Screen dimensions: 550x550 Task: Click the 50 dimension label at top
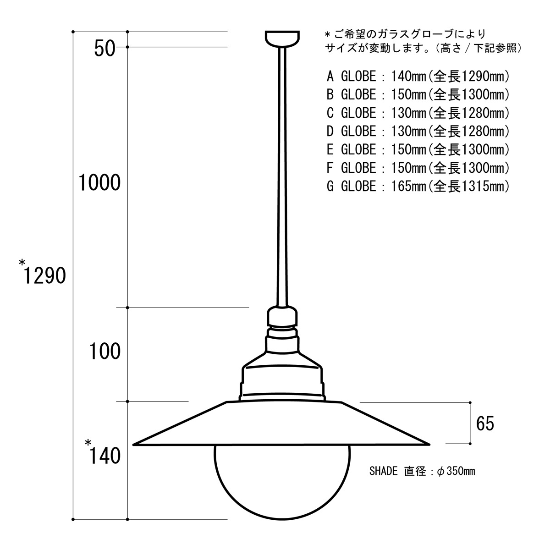point(104,48)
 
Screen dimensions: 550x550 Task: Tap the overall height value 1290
point(45,276)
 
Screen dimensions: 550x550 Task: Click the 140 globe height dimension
point(105,456)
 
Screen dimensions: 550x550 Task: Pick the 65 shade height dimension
point(485,424)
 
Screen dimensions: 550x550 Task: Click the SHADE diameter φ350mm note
point(422,471)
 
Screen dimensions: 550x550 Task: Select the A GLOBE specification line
point(418,76)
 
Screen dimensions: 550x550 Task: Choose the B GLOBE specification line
point(418,94)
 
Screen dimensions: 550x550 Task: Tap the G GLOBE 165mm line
point(418,187)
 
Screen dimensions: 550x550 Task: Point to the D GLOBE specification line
point(418,132)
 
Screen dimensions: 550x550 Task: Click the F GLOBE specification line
point(418,168)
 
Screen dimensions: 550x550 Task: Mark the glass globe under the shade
point(282,481)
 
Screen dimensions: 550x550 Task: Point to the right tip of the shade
point(429,444)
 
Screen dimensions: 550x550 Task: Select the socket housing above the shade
point(282,362)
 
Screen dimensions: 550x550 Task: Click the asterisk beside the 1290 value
point(22,263)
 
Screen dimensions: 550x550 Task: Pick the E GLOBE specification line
point(418,150)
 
